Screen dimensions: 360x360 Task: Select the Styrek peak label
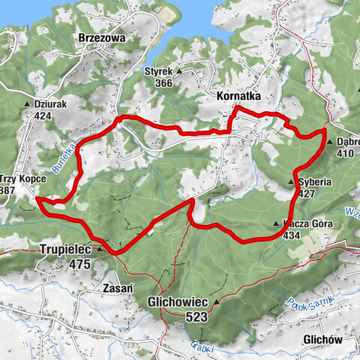158,72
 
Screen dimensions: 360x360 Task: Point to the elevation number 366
158,83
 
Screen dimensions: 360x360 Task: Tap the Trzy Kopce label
25,180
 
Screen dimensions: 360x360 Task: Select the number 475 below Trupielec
78,265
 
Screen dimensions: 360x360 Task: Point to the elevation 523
197,317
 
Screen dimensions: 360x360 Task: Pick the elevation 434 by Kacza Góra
294,235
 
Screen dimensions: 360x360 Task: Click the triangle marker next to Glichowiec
217,303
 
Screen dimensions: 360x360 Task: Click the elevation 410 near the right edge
345,153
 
